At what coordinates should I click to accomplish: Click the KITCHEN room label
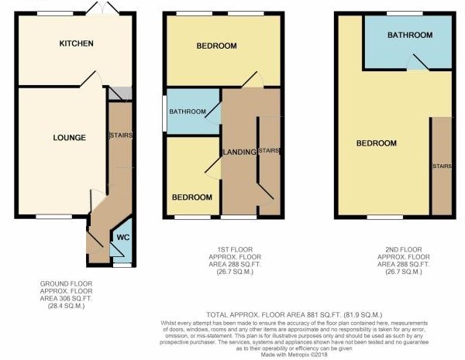point(76,43)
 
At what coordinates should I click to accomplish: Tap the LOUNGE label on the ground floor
point(70,138)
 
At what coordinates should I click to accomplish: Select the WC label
point(123,238)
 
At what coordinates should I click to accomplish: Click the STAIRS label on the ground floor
point(121,135)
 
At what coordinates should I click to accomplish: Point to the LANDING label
point(239,152)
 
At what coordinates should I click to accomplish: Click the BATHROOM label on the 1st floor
point(188,111)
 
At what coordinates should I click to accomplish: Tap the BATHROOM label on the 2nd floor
point(410,35)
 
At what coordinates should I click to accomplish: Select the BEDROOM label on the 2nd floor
point(377,143)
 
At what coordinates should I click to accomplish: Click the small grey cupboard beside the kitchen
point(120,94)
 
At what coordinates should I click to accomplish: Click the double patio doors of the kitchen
point(102,8)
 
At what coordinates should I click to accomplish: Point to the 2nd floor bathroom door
point(418,63)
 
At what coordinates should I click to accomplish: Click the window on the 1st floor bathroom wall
point(164,113)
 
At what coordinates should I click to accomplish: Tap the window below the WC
point(122,265)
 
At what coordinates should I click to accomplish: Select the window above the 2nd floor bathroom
point(405,13)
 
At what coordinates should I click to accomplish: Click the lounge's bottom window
point(54,217)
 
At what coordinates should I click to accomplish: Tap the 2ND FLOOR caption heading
point(403,249)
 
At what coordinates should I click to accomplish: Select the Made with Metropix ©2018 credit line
point(294,355)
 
